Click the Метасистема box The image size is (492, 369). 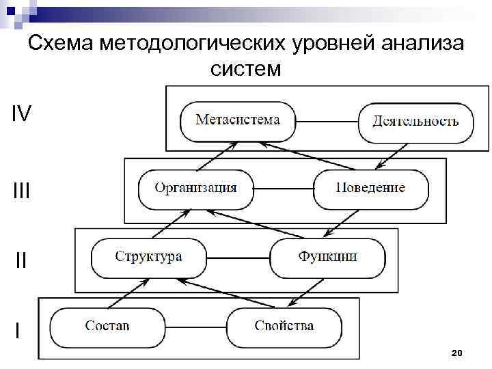pyautogui.click(x=237, y=122)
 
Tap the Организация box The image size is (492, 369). pyautogui.click(x=195, y=189)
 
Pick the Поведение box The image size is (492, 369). pyautogui.click(x=370, y=189)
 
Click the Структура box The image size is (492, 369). pyautogui.click(x=148, y=258)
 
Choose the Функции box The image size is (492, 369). pyautogui.click(x=327, y=258)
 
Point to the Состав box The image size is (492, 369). pyautogui.click(x=108, y=327)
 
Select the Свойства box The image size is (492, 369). pyautogui.click(x=284, y=327)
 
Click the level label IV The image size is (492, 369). pyautogui.click(x=21, y=113)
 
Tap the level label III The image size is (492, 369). pyautogui.click(x=21, y=191)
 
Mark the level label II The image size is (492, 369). pyautogui.click(x=21, y=260)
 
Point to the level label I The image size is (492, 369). pyautogui.click(x=17, y=331)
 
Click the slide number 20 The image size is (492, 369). pyautogui.click(x=457, y=353)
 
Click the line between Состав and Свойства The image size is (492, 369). pyautogui.click(x=196, y=327)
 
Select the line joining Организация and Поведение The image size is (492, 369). pyautogui.click(x=283, y=189)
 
